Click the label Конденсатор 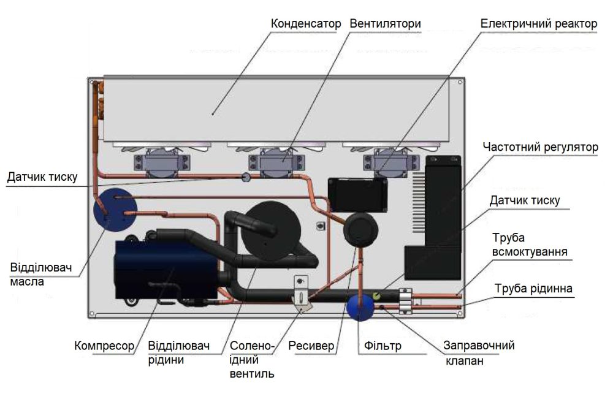point(305,24)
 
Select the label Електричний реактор point(538,24)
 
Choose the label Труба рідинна point(534,288)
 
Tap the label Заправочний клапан point(479,353)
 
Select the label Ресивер point(311,346)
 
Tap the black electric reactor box point(358,194)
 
